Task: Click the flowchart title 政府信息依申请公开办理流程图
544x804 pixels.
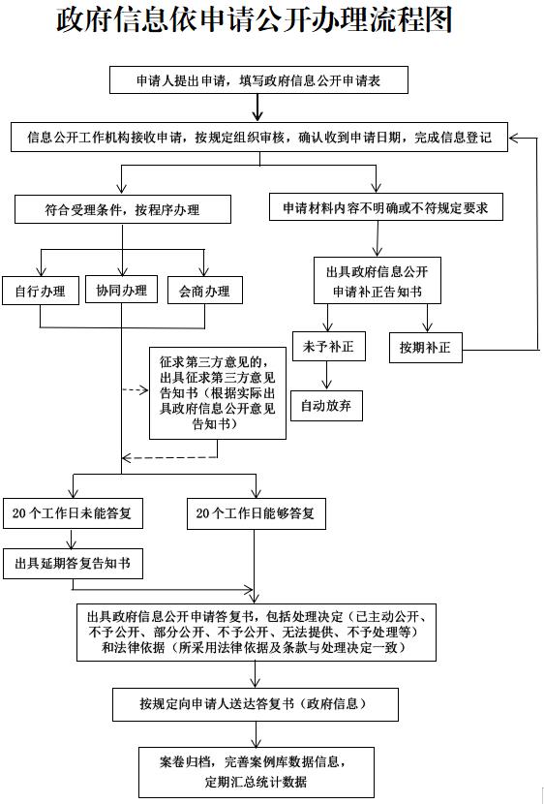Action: (x=254, y=21)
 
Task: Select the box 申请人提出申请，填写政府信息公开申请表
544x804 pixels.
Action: (x=258, y=80)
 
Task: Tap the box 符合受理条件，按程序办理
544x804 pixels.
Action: (x=122, y=209)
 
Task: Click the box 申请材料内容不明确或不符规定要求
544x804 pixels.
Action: (x=385, y=206)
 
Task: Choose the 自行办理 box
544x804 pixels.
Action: (x=41, y=291)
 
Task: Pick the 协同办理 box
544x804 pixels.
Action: (x=121, y=290)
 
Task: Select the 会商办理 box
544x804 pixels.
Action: (x=205, y=291)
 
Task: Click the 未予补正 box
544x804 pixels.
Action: (x=328, y=346)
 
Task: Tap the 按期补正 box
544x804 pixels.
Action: (x=426, y=348)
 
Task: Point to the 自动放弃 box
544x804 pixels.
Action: (x=326, y=406)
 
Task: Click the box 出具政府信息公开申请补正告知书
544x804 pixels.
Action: (x=377, y=281)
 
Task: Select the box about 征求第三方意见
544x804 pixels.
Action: (x=218, y=392)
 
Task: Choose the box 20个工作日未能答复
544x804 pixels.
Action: (x=73, y=513)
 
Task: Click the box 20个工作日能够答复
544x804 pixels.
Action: (x=256, y=513)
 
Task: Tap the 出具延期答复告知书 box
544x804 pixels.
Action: (x=73, y=564)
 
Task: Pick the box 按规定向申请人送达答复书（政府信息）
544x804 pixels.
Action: (x=256, y=704)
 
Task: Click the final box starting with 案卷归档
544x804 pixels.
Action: (x=257, y=772)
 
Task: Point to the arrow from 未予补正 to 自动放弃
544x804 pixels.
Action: (x=327, y=376)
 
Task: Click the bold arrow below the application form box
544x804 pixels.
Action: (x=257, y=108)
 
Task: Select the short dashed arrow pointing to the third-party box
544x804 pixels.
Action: (x=136, y=390)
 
